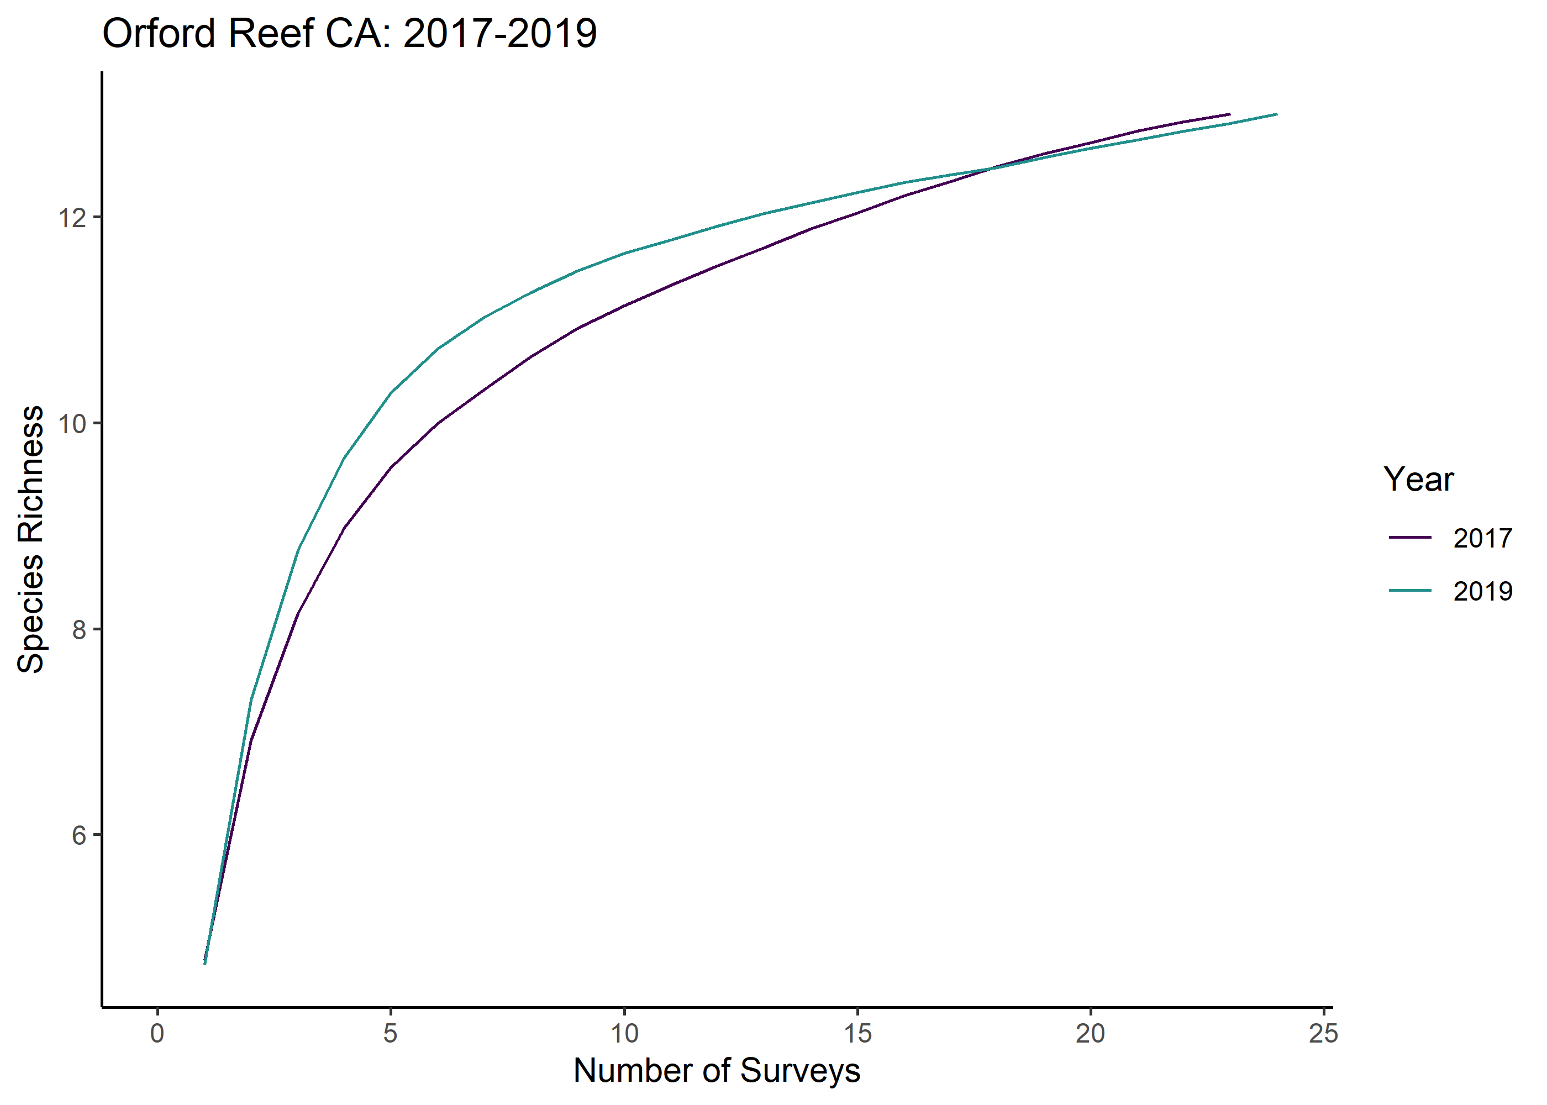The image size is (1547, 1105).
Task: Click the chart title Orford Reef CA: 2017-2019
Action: click(349, 33)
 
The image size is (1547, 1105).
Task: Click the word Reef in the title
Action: click(270, 33)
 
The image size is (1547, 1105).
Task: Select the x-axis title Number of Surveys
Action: click(717, 1070)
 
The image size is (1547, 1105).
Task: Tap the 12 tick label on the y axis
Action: click(72, 218)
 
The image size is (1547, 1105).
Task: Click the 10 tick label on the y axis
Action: click(72, 423)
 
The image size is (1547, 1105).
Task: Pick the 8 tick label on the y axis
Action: click(80, 629)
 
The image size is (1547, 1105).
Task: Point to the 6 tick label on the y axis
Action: click(80, 835)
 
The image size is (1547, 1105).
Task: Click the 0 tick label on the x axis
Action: click(157, 1033)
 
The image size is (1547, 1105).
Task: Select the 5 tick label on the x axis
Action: click(391, 1033)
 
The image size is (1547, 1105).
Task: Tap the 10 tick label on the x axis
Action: click(624, 1033)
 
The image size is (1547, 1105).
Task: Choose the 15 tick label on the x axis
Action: click(857, 1033)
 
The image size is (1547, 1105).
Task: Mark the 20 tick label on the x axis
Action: click(1091, 1033)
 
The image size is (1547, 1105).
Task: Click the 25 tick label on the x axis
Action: click(1324, 1033)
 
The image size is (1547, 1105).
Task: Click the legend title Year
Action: click(1418, 480)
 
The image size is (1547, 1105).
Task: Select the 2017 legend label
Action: click(1483, 538)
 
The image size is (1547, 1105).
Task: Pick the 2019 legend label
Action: click(1483, 591)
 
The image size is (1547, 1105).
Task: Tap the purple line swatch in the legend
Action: click(1411, 538)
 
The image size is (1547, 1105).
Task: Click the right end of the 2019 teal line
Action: click(1277, 114)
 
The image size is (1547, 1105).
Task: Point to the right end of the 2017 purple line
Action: click(1230, 114)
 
